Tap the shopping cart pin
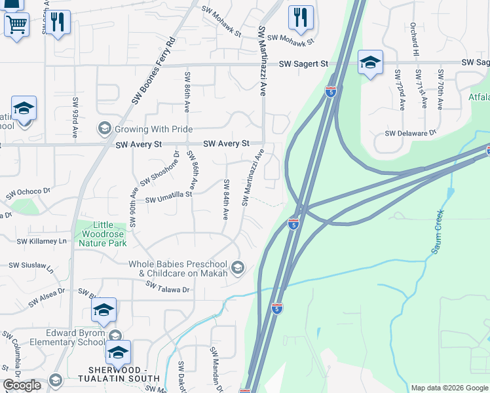(16, 26)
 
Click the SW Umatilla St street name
(168, 196)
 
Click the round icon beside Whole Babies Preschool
(238, 267)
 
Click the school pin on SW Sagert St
(370, 64)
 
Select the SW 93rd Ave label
(75, 113)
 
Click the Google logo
(22, 385)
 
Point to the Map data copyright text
(449, 388)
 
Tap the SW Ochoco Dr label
(28, 194)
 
